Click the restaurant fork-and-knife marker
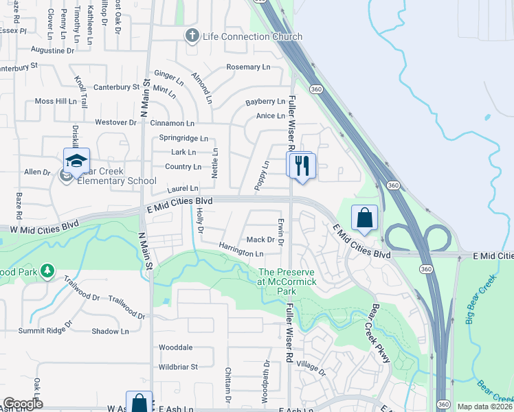point(301,165)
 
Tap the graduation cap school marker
point(76,162)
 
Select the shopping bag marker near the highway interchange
point(365,218)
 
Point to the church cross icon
point(193,36)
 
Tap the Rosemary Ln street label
point(248,67)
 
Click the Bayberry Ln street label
point(265,102)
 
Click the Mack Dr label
point(260,240)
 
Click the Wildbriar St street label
point(178,367)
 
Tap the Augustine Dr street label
point(53,50)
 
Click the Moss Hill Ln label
point(56,101)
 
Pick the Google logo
point(23,404)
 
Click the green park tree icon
point(47,271)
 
